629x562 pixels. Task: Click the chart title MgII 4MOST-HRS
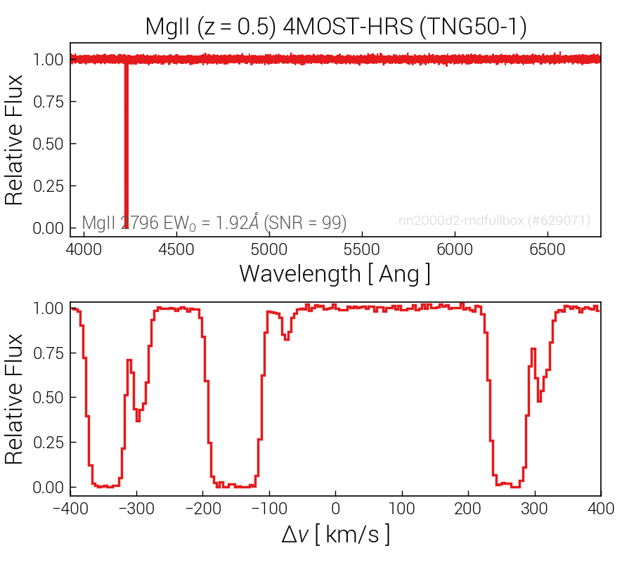[336, 27]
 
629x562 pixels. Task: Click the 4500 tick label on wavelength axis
[176, 249]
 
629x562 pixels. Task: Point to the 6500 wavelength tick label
[547, 249]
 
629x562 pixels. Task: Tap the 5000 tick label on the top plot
[268, 249]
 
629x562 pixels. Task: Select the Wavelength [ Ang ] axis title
[335, 274]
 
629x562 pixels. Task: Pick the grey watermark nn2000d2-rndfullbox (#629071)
[494, 221]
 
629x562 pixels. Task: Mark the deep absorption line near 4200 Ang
[126, 144]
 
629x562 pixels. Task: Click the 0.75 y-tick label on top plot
[48, 102]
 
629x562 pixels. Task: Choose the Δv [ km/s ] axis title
[336, 535]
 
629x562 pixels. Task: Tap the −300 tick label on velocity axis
[137, 509]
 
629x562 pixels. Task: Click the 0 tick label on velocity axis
[335, 509]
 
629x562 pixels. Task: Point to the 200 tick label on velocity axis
[468, 509]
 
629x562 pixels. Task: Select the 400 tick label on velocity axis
[601, 509]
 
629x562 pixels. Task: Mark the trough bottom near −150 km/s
[236, 486]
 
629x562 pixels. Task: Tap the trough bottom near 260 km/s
[509, 485]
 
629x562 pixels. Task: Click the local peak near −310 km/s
[129, 360]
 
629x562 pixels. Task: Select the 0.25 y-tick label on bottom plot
[48, 442]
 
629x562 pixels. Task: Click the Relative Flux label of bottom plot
[13, 399]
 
